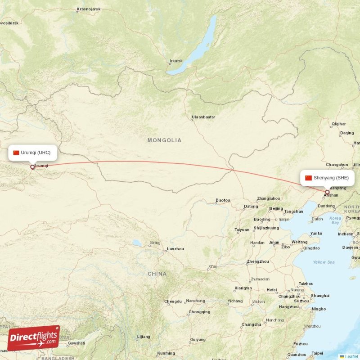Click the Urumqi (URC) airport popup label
click(32, 153)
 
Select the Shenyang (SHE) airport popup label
click(327, 178)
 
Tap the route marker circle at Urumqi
click(32, 167)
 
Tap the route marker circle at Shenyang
click(327, 193)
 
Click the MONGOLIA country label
click(165, 140)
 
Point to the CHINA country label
click(157, 274)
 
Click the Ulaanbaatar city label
click(203, 117)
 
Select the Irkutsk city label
click(176, 61)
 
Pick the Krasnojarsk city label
click(89, 9)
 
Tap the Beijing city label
click(276, 208)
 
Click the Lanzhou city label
click(175, 249)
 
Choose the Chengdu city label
click(173, 301)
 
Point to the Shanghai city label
click(320, 296)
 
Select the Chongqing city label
click(199, 312)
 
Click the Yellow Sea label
click(324, 262)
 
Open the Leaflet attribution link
click(351, 356)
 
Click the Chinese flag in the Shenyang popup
click(308, 178)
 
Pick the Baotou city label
click(223, 200)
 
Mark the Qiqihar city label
click(338, 124)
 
